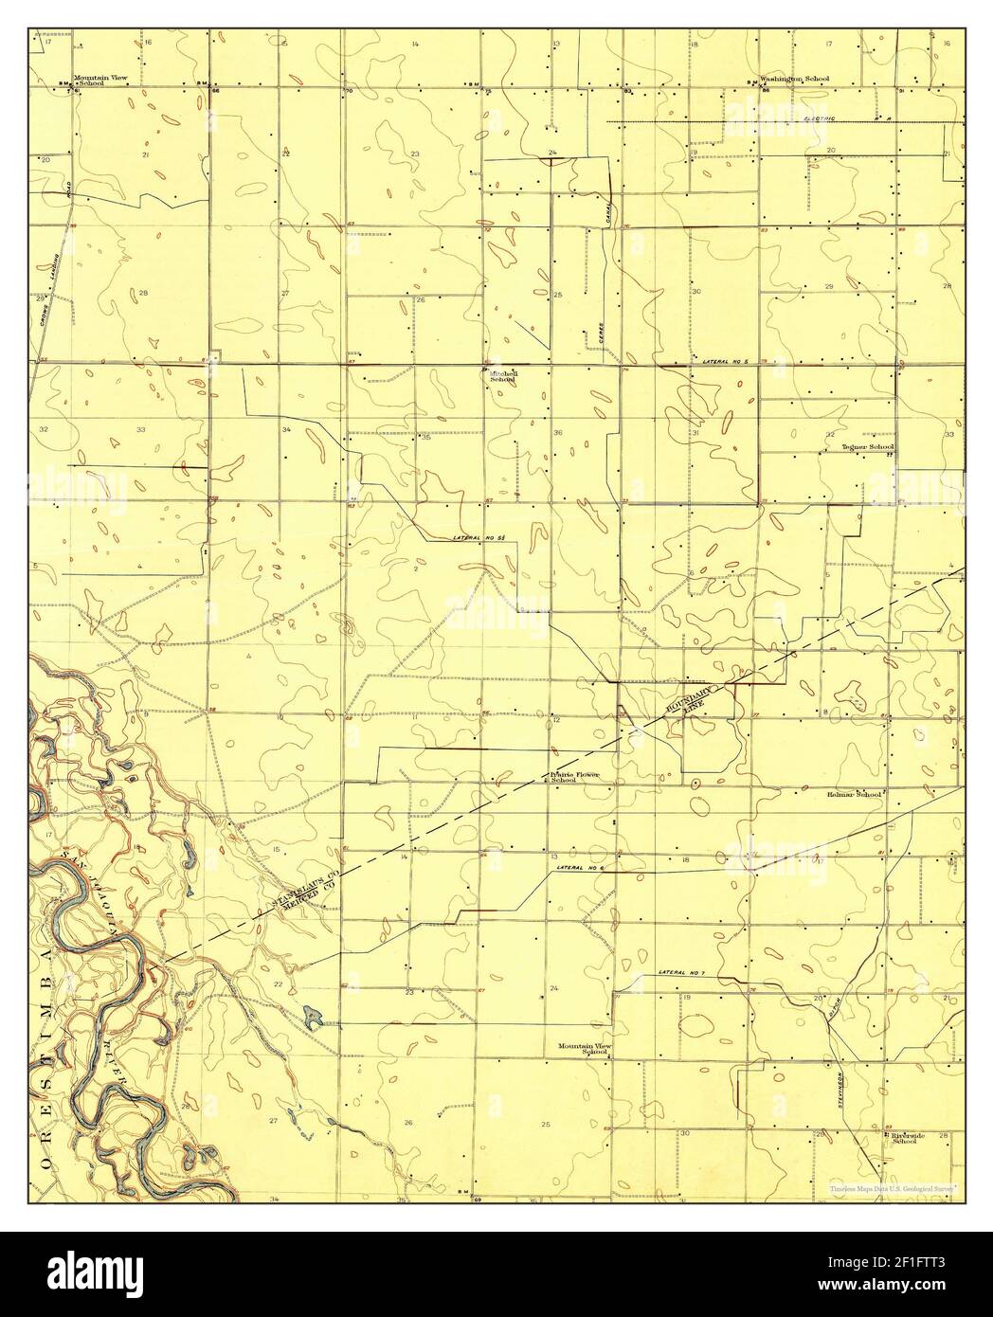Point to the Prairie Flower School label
point(577,777)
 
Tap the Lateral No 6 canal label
point(581,868)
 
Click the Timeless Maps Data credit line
point(892,1187)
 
